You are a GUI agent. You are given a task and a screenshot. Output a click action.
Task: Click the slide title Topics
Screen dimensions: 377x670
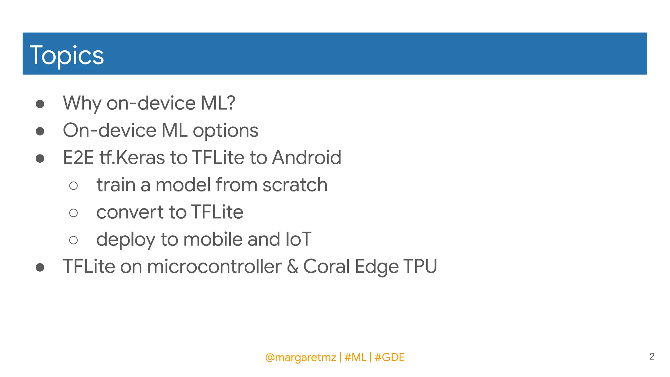(67, 55)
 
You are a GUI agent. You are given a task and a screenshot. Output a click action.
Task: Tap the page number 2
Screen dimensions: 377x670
(652, 356)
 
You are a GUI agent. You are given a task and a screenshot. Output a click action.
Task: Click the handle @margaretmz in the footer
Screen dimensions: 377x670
(300, 357)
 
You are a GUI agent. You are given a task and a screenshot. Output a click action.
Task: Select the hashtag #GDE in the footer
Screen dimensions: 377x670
(390, 357)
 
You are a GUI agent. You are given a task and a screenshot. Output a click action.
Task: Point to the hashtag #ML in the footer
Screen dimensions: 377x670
(355, 357)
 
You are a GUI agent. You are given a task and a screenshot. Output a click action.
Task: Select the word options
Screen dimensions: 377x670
(225, 131)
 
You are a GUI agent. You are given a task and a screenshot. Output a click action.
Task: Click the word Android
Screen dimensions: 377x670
(307, 157)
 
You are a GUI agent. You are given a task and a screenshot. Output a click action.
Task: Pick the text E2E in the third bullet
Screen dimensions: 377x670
(78, 157)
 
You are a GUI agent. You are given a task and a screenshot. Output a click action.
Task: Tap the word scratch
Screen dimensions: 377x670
(295, 185)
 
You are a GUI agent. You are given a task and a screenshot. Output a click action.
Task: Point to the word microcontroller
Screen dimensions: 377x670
(214, 266)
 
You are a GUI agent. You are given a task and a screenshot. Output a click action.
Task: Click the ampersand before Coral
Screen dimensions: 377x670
(292, 266)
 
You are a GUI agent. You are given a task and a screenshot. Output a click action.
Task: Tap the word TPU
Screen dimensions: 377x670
(420, 266)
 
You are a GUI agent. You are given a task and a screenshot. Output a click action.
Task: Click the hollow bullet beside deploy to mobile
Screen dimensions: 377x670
(74, 240)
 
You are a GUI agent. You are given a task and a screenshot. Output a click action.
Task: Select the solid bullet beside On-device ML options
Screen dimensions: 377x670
(40, 131)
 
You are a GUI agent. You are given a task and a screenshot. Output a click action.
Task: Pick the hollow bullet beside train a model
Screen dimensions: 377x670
(74, 186)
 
